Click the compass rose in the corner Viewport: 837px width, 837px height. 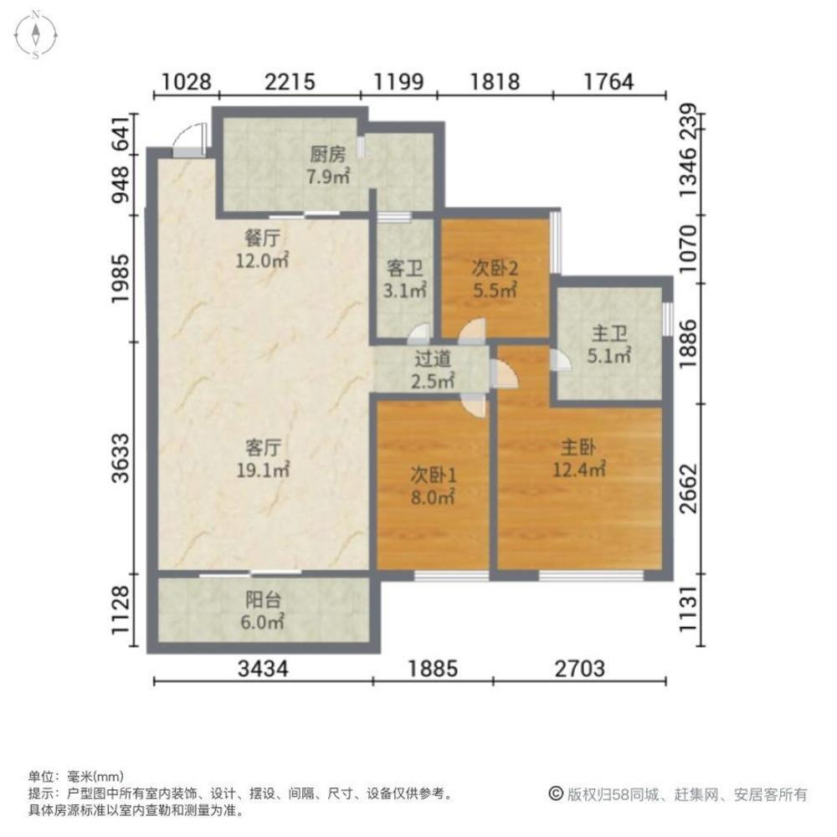point(35,34)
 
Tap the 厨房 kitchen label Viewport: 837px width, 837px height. point(328,154)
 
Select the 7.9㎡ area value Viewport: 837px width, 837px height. point(328,176)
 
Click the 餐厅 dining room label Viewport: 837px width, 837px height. point(261,238)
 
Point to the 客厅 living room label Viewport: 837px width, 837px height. point(263,447)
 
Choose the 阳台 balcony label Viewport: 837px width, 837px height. point(263,599)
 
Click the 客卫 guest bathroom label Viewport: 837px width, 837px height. point(404,268)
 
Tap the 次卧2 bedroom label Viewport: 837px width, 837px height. point(495,268)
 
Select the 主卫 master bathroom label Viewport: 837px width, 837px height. point(609,334)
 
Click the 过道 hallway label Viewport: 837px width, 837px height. point(433,359)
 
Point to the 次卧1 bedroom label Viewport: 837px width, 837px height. point(433,475)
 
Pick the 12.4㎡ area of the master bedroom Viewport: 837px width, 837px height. point(578,470)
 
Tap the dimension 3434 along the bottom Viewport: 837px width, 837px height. point(263,668)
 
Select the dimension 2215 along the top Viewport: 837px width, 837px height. point(290,82)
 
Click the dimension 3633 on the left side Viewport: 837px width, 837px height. point(121,458)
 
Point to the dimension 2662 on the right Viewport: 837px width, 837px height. point(689,489)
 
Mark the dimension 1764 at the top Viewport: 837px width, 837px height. point(608,82)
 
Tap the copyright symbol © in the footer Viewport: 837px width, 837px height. point(556,793)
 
